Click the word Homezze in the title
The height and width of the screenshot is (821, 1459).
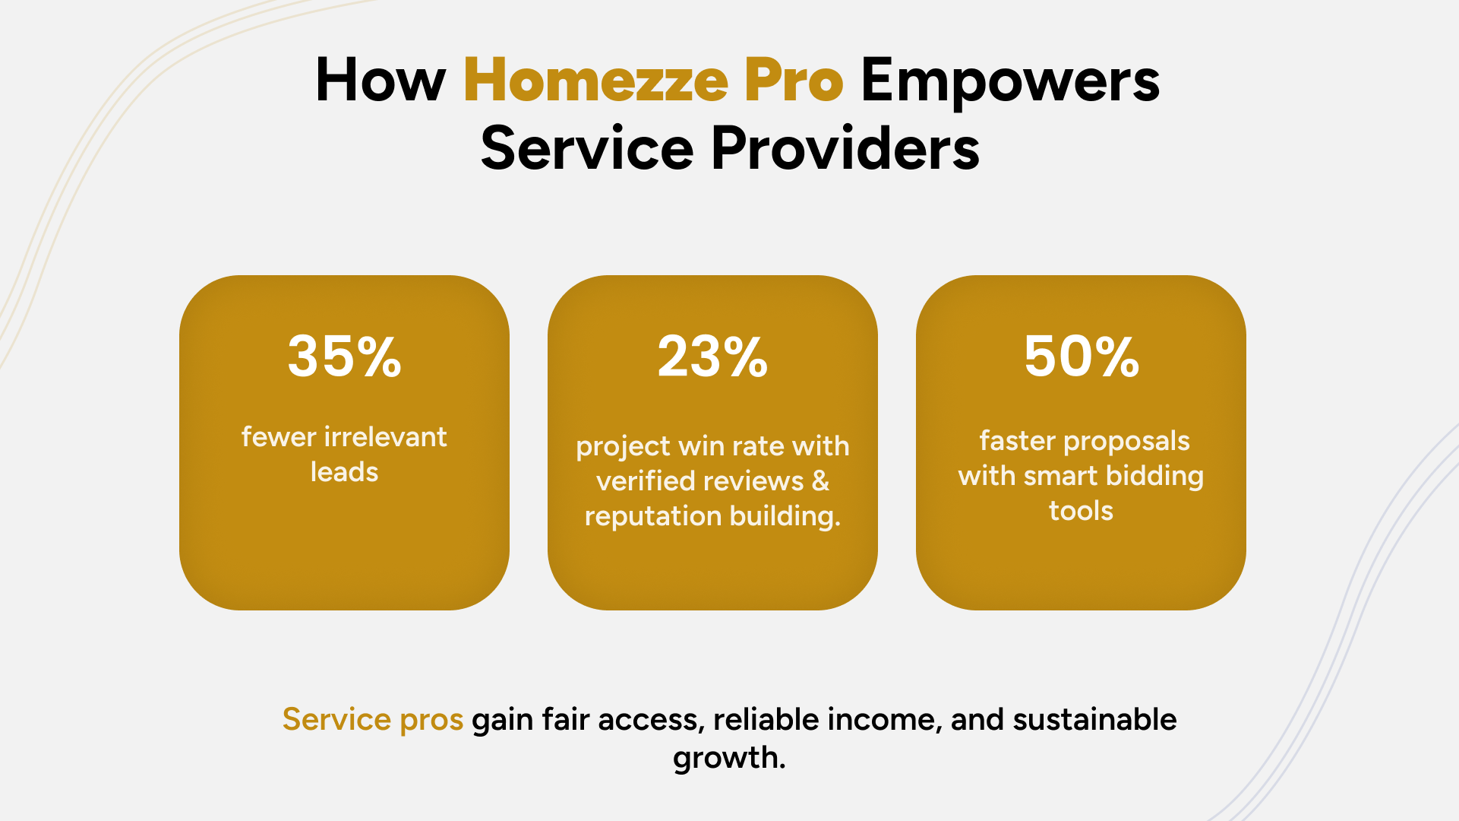(595, 81)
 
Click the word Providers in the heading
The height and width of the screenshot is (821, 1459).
(845, 148)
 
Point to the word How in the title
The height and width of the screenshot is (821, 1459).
(381, 81)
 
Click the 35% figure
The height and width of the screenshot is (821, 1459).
(344, 357)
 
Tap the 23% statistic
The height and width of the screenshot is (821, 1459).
(712, 357)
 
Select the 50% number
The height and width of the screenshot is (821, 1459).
(1082, 357)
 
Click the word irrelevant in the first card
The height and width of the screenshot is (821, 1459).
(386, 437)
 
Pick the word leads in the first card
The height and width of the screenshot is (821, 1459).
(344, 472)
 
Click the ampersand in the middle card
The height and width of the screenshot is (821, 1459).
(820, 481)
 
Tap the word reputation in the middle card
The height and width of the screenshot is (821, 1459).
(652, 517)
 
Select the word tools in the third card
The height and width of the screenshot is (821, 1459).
(1081, 511)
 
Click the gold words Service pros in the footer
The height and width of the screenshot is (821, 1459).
(372, 720)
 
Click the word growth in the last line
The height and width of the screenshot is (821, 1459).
(729, 758)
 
